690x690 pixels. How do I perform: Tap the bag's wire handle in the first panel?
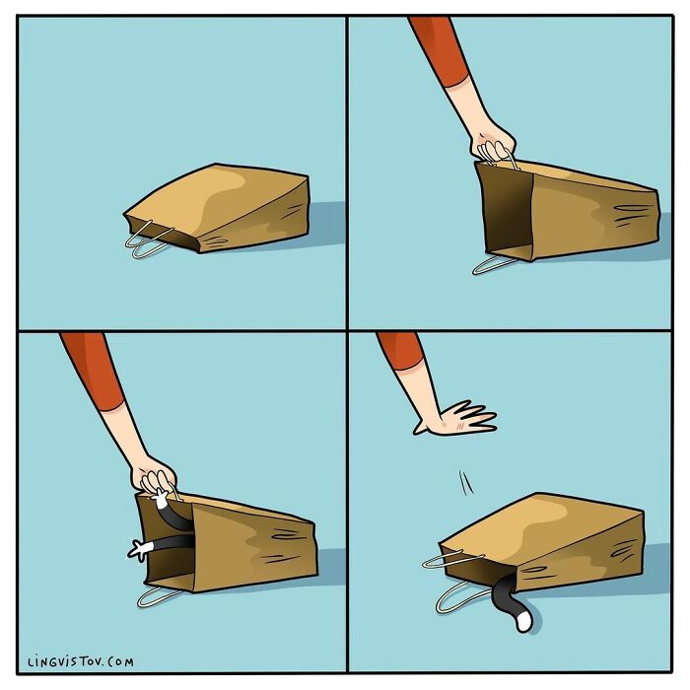[148, 242]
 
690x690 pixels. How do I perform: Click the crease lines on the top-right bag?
[631, 211]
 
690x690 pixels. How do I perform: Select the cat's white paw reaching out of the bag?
[139, 549]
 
